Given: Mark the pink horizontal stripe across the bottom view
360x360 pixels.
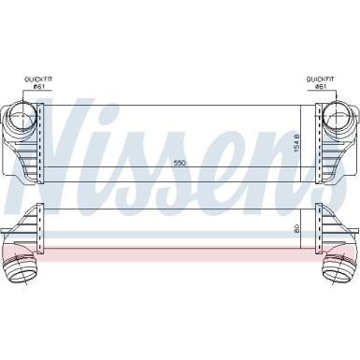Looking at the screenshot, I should click(x=180, y=226).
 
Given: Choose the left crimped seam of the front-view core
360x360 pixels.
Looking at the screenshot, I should click(x=40, y=140).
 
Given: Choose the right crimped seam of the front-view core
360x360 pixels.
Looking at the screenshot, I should click(x=320, y=140).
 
